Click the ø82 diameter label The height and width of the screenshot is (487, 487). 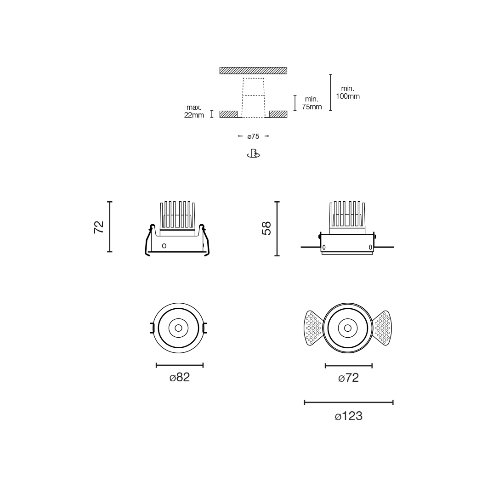click(x=180, y=377)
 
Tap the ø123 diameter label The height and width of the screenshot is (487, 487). click(x=349, y=416)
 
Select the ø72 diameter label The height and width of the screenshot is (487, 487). click(x=348, y=378)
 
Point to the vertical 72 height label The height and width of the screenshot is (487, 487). click(x=99, y=227)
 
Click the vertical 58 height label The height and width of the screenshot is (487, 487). click(x=266, y=228)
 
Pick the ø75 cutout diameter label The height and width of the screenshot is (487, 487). click(x=254, y=136)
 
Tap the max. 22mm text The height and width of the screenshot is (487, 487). click(x=194, y=111)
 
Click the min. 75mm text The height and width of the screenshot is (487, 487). click(x=312, y=103)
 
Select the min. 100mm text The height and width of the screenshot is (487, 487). click(x=348, y=92)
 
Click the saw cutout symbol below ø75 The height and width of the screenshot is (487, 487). click(x=254, y=154)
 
